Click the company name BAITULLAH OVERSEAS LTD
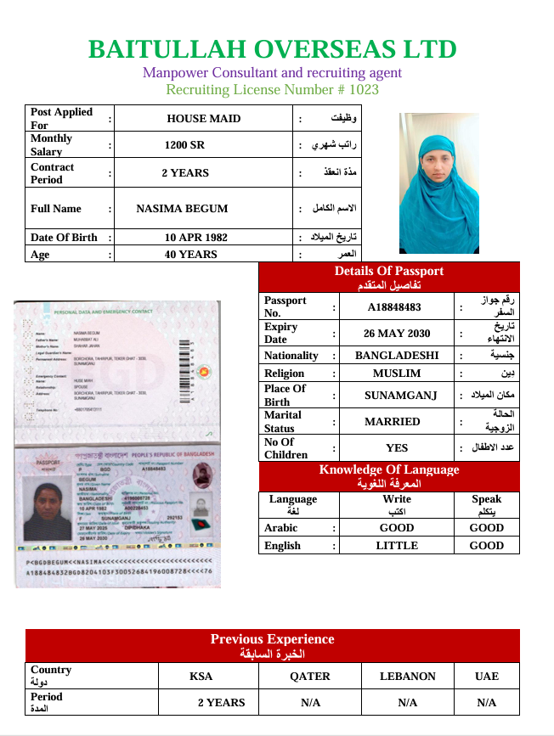[272, 49]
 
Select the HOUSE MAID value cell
[203, 119]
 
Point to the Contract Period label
[53, 173]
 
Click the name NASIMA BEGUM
[182, 208]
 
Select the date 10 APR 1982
[196, 238]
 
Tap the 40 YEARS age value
[190, 255]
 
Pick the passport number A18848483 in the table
[394, 307]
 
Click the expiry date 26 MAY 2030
[397, 334]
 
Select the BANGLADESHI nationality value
[397, 356]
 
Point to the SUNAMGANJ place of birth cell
[396, 396]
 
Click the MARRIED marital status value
[393, 421]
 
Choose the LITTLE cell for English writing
[397, 546]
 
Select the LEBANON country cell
[408, 677]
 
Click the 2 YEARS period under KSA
[221, 703]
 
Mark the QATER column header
[310, 677]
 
